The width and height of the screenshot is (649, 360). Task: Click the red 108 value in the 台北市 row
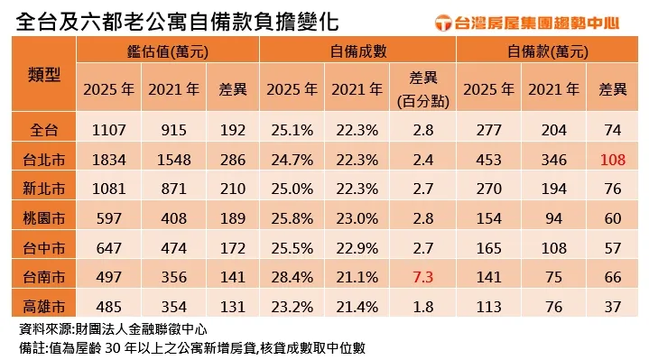[x=614, y=160]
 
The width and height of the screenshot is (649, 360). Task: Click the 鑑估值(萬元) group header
[x=168, y=52]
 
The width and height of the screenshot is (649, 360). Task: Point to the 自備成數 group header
[x=358, y=52]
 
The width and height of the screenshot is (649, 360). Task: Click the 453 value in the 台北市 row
[x=488, y=160]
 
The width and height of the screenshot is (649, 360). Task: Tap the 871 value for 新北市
[x=173, y=189]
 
